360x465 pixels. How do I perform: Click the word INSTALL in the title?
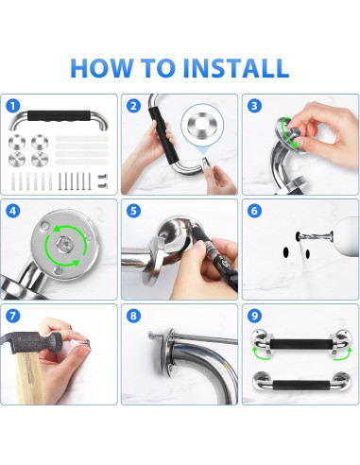[235, 68]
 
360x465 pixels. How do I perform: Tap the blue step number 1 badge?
[12, 106]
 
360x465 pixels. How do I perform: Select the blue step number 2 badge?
[133, 106]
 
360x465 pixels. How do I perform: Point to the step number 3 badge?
[254, 106]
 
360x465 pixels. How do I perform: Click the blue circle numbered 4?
[12, 211]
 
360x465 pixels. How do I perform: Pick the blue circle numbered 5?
[133, 211]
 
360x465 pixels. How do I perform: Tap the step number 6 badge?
[254, 211]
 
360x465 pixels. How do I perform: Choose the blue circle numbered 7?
[12, 316]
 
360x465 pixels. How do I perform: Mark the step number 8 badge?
[133, 316]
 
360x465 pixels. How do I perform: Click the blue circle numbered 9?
[254, 316]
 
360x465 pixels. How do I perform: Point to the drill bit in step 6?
[315, 235]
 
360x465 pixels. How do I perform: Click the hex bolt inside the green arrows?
[61, 244]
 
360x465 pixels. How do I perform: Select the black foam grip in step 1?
[59, 115]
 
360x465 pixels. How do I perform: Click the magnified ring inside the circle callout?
[202, 124]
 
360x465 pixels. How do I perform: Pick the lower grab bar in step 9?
[301, 383]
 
